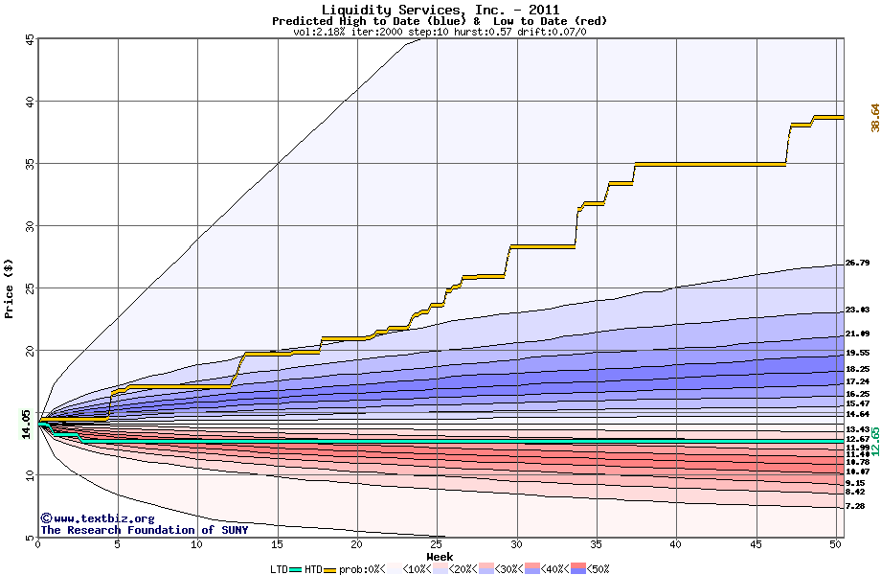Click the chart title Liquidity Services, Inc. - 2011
440,10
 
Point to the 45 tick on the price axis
30,39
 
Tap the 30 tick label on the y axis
30,226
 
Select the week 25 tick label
437,545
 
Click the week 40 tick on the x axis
676,545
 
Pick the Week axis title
440,557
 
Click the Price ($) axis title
10,287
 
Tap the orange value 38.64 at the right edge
874,118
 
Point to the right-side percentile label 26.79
857,263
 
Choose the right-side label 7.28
855,505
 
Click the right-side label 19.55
857,352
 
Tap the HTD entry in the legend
313,569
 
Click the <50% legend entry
596,569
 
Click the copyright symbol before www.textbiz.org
46,518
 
